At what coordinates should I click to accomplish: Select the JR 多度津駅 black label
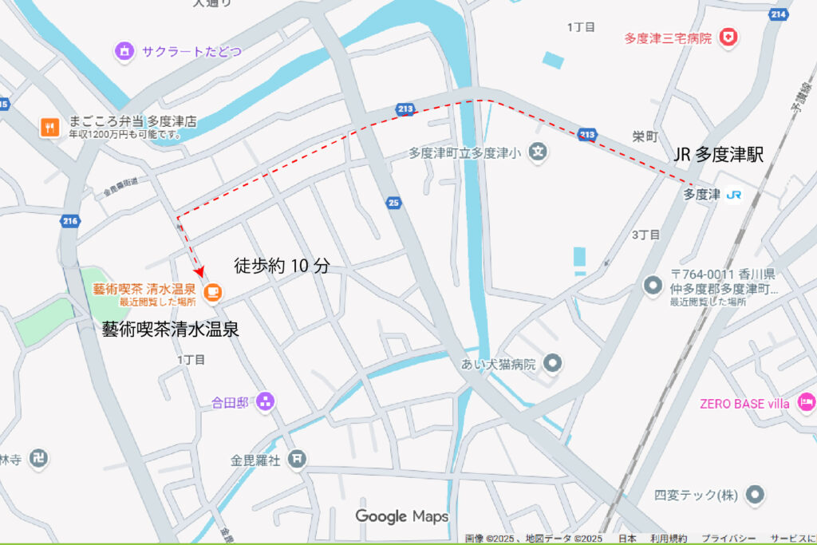click(719, 155)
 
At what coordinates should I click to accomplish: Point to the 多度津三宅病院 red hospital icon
click(728, 37)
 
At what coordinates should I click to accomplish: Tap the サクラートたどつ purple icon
click(124, 52)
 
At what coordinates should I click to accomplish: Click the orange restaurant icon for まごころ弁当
click(50, 127)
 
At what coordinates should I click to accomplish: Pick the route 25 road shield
click(393, 203)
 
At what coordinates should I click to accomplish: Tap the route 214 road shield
click(780, 14)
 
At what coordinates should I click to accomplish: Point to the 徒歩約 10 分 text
click(282, 266)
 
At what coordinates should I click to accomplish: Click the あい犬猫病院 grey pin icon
click(552, 365)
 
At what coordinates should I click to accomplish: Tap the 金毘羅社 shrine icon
click(297, 459)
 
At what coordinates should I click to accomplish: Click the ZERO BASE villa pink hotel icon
click(806, 403)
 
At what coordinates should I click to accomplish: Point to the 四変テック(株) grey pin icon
click(754, 495)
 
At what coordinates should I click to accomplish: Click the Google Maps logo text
click(402, 516)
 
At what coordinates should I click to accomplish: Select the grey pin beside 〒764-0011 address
click(653, 285)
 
